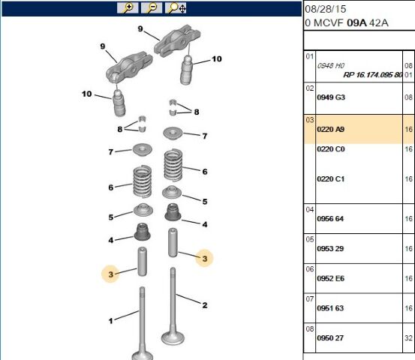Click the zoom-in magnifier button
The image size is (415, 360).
pyautogui.click(x=128, y=8)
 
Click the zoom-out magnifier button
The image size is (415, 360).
pyautogui.click(x=152, y=8)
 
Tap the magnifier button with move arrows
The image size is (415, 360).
pyautogui.click(x=176, y=8)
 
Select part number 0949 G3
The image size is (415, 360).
pyautogui.click(x=331, y=97)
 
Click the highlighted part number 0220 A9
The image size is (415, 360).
pyautogui.click(x=330, y=129)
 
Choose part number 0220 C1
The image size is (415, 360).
pyautogui.click(x=330, y=179)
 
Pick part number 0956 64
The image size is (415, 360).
pyautogui.click(x=330, y=219)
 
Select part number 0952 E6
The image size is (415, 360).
pyautogui.click(x=330, y=278)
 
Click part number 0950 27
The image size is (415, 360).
pyautogui.click(x=330, y=338)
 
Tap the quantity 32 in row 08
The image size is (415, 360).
pyautogui.click(x=408, y=338)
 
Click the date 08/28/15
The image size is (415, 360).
pyautogui.click(x=325, y=9)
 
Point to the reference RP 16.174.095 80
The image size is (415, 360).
pyautogui.click(x=373, y=75)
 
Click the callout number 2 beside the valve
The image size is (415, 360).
pyautogui.click(x=205, y=305)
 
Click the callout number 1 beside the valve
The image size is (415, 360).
pyautogui.click(x=110, y=321)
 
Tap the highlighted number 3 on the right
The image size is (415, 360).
pyautogui.click(x=205, y=259)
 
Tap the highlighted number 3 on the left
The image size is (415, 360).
pyautogui.click(x=110, y=274)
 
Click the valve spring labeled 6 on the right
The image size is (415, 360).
pyautogui.click(x=173, y=165)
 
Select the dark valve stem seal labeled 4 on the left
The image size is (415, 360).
pyautogui.click(x=142, y=232)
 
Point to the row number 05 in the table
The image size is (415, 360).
pyautogui.click(x=309, y=239)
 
